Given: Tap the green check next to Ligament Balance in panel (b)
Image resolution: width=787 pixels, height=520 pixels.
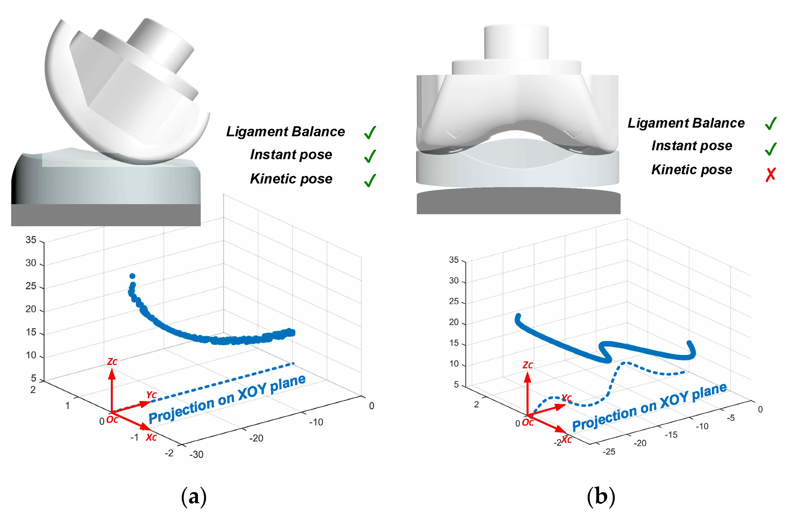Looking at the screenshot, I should coord(771,123).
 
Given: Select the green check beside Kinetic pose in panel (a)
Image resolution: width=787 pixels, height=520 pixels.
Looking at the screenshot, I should coord(370,180).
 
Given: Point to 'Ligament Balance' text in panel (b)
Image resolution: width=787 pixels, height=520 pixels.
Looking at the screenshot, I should coord(686,123).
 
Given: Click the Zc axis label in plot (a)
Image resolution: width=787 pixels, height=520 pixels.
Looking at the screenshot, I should coord(112,361).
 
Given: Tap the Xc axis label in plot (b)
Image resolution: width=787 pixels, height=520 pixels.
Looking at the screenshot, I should coord(566,439).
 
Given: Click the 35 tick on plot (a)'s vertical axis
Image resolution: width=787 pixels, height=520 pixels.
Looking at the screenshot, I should coord(31,240).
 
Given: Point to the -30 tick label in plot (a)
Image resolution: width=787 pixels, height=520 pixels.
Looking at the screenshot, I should coord(196,454).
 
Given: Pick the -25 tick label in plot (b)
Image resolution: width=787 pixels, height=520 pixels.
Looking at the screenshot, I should coord(609,452).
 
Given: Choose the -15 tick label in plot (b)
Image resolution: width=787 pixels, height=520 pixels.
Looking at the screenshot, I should coord(671,435).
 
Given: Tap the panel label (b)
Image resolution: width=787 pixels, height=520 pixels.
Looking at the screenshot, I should coord(601,497).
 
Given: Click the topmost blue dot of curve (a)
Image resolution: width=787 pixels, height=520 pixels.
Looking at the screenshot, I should coord(132,276).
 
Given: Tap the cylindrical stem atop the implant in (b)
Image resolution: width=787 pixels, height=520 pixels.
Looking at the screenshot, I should coord(516,42).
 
